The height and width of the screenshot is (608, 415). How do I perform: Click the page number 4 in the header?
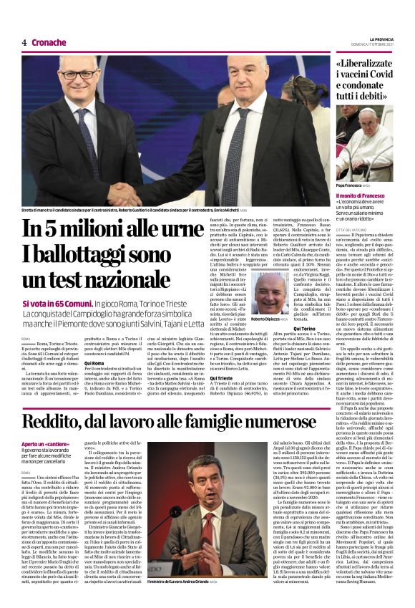(x=24, y=42)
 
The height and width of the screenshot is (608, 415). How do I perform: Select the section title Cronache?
(x=49, y=42)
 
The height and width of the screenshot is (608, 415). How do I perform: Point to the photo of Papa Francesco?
(x=368, y=143)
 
